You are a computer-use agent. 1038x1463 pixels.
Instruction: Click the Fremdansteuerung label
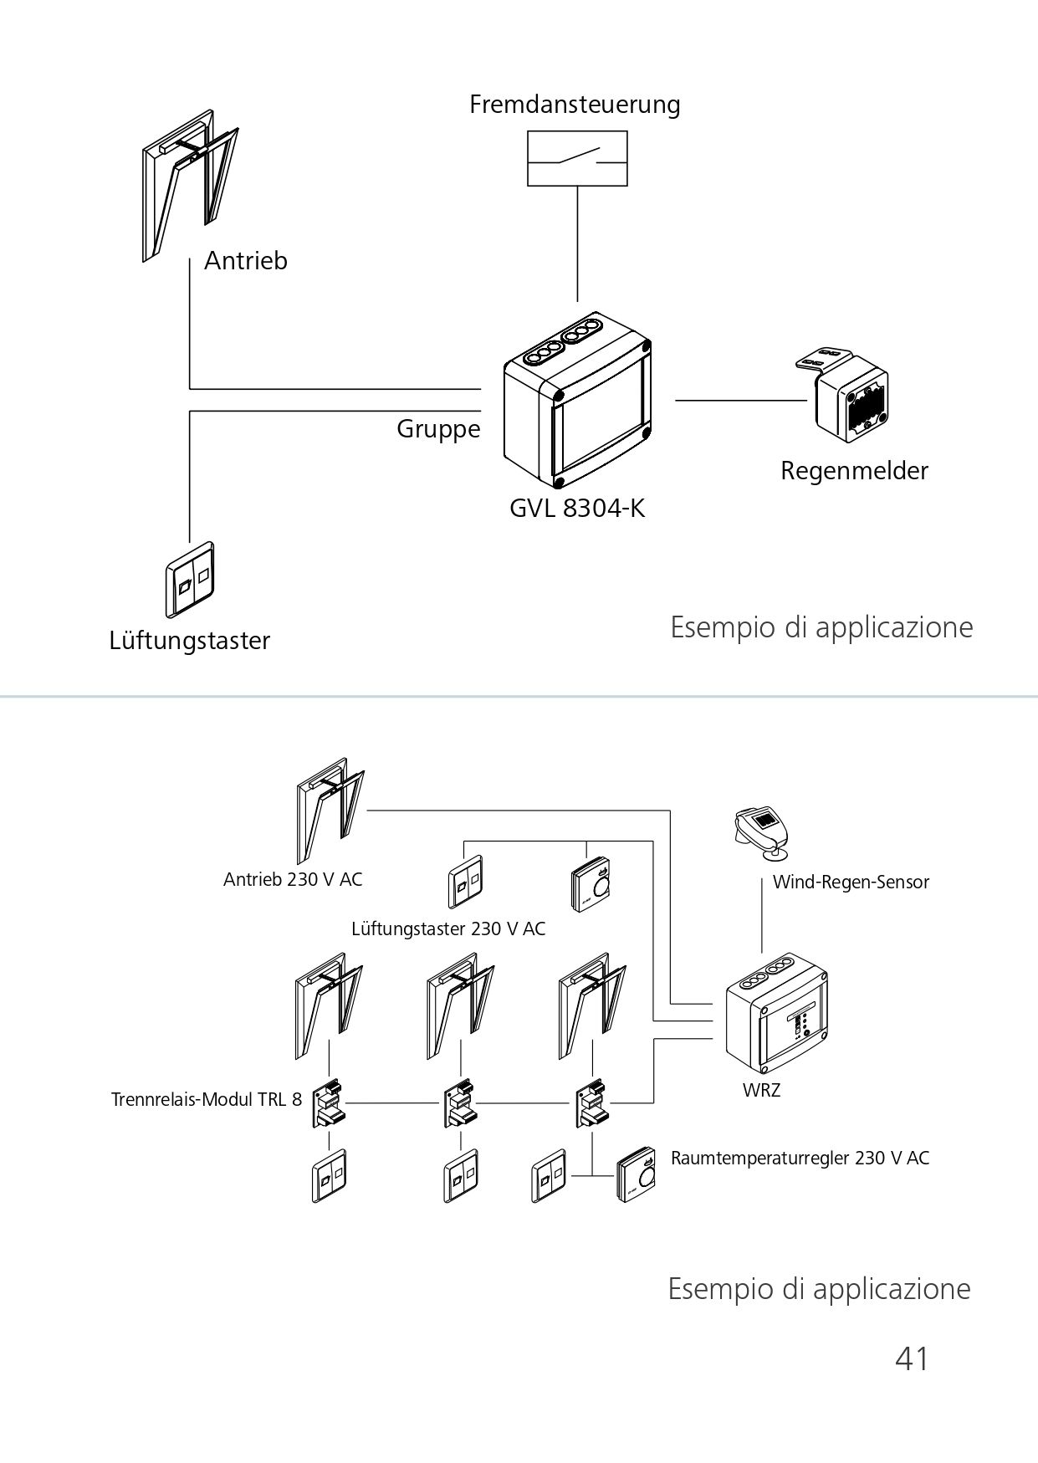point(575,105)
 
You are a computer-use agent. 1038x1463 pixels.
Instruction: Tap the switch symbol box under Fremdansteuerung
point(577,158)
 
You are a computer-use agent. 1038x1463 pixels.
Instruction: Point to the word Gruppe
point(438,430)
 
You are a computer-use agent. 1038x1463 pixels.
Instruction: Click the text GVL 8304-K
point(577,509)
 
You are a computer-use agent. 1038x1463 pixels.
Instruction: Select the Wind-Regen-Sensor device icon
point(762,833)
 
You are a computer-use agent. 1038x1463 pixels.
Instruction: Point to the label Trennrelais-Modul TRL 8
point(207,1099)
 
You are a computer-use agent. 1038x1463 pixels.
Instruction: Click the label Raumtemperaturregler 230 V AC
point(800,1159)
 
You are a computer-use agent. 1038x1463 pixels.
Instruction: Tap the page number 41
point(912,1358)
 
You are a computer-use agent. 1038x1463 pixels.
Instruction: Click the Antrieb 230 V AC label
point(293,880)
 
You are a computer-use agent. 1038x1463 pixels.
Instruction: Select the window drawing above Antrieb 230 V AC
point(330,810)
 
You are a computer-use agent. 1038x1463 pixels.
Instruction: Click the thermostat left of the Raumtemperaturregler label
point(636,1174)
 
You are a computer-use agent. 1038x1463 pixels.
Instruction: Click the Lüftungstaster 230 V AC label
point(448,929)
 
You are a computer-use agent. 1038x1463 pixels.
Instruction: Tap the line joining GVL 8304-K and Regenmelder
point(741,401)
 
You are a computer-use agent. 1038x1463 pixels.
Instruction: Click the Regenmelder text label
point(854,471)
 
